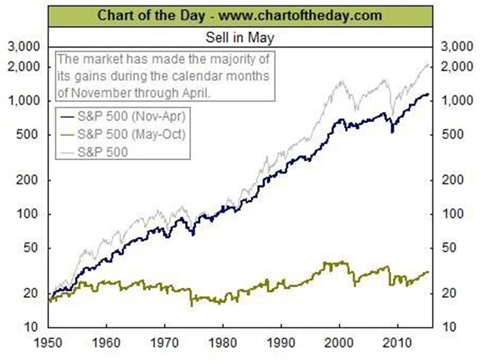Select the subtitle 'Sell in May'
click(x=240, y=35)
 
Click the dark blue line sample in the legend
click(x=74, y=117)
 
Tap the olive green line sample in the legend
click(x=74, y=135)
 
